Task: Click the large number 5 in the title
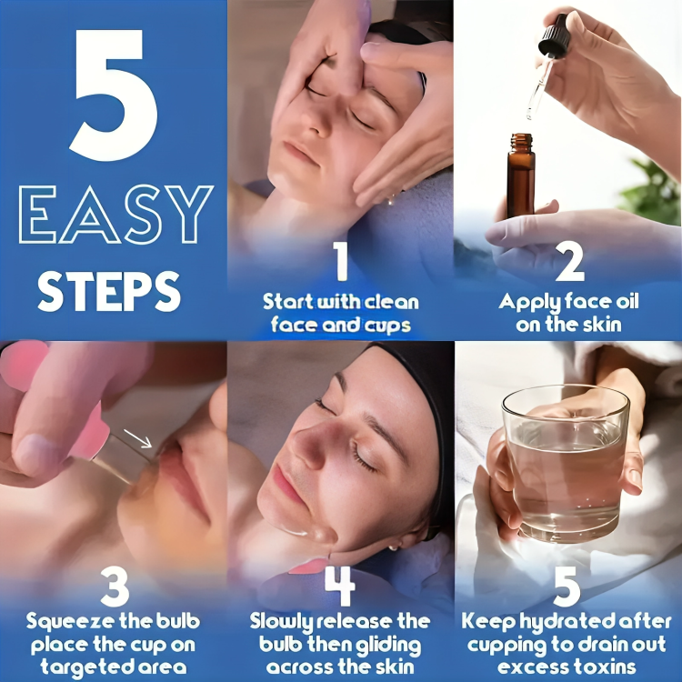(113, 91)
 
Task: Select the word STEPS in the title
(109, 290)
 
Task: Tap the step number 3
(114, 588)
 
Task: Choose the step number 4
(340, 588)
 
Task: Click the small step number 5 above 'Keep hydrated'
(567, 588)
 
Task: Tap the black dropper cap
(553, 35)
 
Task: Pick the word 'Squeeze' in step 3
(67, 622)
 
